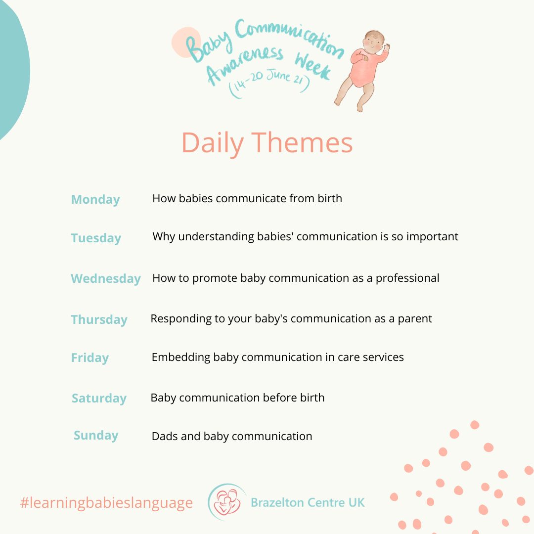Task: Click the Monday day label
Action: (95, 200)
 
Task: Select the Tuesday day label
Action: (96, 238)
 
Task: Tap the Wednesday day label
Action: (106, 278)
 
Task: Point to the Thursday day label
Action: (99, 320)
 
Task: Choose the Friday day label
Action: (90, 358)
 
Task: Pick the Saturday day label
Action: (99, 399)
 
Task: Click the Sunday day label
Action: (96, 436)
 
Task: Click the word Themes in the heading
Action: (302, 143)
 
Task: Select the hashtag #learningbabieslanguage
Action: (106, 503)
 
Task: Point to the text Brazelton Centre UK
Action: (308, 503)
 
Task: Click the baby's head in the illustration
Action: (374, 42)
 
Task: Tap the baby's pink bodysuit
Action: (365, 67)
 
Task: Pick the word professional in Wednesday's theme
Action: (407, 278)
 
